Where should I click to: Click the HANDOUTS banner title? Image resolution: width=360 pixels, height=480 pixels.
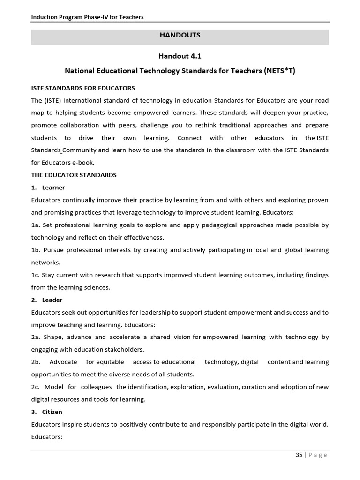pos(180,35)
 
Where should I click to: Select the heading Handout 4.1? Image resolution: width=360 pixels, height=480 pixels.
pos(180,56)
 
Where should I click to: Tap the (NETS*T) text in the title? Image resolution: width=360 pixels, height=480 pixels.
pos(280,71)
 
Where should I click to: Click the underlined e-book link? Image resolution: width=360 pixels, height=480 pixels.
pos(82,163)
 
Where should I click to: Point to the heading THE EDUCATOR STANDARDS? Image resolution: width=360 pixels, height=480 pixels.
pos(74,175)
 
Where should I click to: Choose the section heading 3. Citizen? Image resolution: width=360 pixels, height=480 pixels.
pos(47,412)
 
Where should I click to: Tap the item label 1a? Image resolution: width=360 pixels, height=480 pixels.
pos(36,225)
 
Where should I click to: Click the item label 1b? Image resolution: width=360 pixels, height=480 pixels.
pos(36,250)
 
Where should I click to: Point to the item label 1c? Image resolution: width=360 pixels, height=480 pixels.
pos(36,275)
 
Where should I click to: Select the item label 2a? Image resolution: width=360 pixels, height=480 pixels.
pos(36,337)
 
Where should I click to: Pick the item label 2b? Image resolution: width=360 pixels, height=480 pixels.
pos(36,362)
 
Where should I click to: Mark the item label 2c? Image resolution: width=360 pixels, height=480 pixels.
pos(36,387)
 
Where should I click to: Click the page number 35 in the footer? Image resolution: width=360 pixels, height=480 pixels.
pos(299,455)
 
